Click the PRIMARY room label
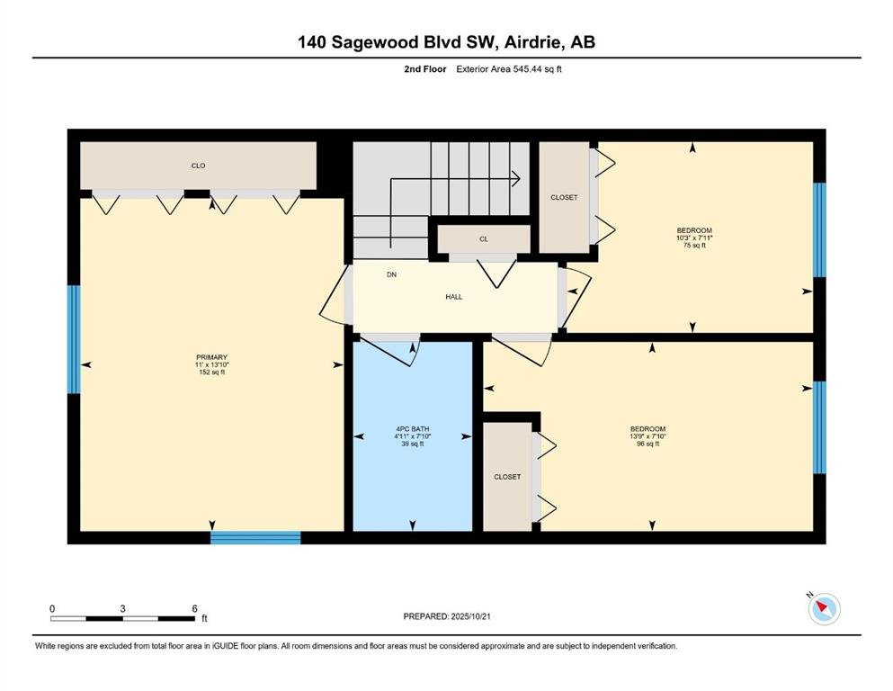click(x=212, y=357)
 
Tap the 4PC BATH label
click(x=413, y=429)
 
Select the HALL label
click(x=454, y=297)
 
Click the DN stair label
click(x=392, y=274)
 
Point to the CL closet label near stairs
click(x=484, y=239)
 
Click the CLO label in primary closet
click(x=198, y=166)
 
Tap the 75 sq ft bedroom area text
click(x=694, y=246)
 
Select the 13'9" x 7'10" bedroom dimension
click(x=647, y=436)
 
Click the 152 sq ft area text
click(x=212, y=372)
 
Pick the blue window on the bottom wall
click(x=255, y=538)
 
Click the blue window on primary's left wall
click(x=74, y=339)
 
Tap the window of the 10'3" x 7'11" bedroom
click(x=819, y=230)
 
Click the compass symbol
click(x=824, y=609)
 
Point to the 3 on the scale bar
click(x=122, y=608)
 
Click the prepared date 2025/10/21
click(x=470, y=616)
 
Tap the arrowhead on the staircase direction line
click(x=516, y=178)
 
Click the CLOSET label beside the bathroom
click(x=507, y=477)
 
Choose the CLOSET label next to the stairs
click(x=564, y=198)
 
